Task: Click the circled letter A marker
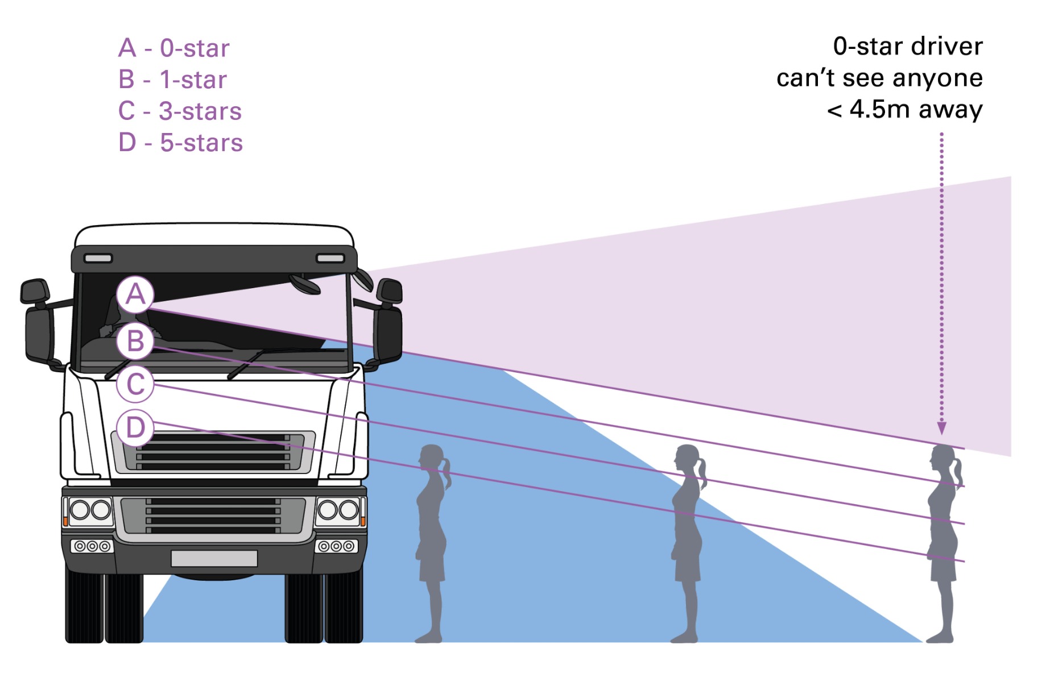[135, 294]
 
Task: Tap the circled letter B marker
[135, 341]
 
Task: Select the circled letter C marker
[135, 384]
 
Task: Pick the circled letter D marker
[135, 427]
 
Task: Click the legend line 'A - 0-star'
[174, 48]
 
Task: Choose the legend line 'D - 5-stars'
[180, 143]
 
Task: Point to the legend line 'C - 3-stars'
[180, 111]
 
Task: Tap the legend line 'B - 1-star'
[172, 80]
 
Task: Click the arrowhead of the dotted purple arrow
[942, 429]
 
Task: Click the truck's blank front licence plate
[214, 558]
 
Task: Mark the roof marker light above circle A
[98, 258]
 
